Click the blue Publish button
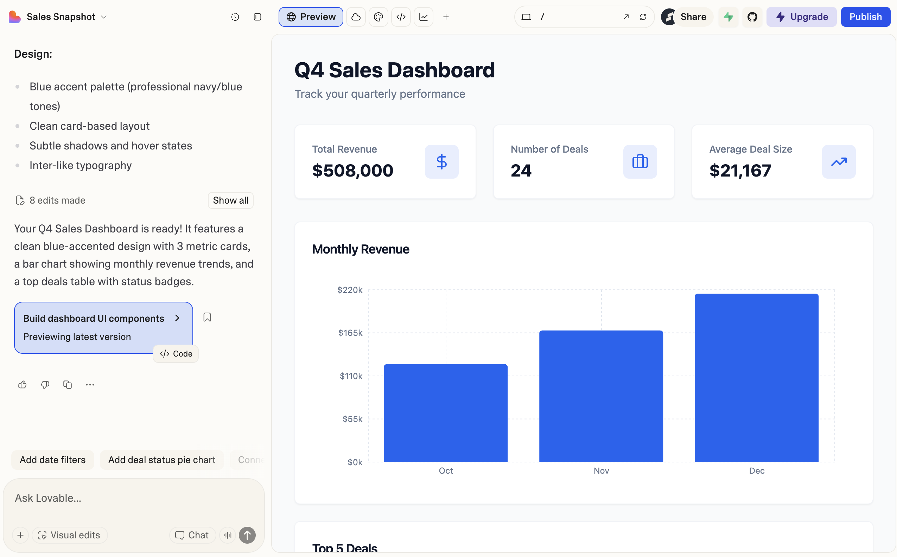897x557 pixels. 865,17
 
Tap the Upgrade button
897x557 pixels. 801,17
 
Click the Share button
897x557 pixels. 693,17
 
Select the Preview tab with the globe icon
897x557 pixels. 311,17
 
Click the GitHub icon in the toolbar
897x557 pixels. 752,17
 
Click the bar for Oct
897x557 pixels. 446,412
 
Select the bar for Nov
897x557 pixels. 601,396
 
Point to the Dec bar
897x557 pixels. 756,378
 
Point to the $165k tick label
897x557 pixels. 350,333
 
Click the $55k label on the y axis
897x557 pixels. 352,419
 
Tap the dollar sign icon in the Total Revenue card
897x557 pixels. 441,162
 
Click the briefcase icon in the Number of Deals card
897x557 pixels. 640,162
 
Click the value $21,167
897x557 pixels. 740,171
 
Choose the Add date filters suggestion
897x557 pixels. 53,460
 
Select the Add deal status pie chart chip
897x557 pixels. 161,460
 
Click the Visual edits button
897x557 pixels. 69,535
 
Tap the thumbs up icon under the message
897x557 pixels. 23,385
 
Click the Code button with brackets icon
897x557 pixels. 176,354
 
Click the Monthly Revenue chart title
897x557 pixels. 361,249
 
